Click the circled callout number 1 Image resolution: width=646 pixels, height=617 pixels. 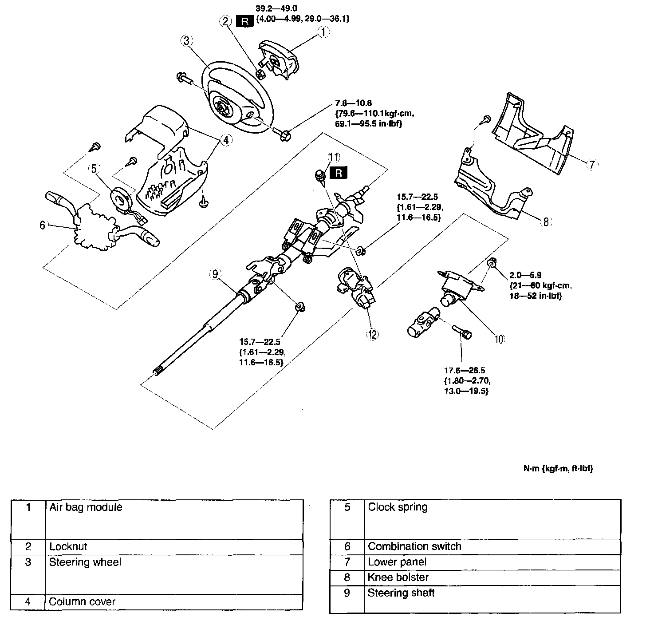pos(323,32)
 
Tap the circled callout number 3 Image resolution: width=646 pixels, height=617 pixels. pos(186,41)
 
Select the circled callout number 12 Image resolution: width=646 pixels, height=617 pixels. pos(372,334)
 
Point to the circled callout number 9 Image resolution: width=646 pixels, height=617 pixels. pos(215,274)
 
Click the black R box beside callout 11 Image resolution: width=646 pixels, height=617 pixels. pos(338,173)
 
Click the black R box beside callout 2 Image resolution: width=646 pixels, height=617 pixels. pos(244,22)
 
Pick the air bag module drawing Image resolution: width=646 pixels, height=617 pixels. pos(279,59)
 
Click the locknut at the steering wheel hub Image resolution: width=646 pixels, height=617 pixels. pos(261,75)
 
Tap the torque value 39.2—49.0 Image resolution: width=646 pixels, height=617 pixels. pos(276,8)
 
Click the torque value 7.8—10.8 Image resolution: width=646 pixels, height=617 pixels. pos(353,103)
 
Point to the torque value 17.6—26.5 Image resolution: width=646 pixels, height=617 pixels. pos(465,370)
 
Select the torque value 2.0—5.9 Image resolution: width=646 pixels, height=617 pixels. pos(525,275)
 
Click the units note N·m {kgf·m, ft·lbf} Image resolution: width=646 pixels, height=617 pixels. pos(558,468)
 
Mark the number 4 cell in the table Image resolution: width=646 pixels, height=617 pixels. pos(28,602)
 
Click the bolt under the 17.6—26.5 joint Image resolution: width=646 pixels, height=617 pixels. pos(462,332)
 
